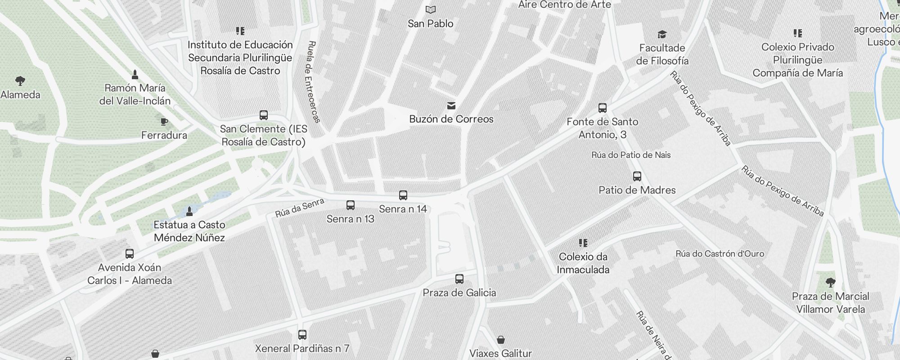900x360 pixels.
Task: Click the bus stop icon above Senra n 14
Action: pyautogui.click(x=403, y=195)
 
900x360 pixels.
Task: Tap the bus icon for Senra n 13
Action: pyautogui.click(x=351, y=205)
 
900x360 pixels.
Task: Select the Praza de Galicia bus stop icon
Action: pyautogui.click(x=459, y=279)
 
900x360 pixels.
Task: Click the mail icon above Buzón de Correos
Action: pyautogui.click(x=451, y=106)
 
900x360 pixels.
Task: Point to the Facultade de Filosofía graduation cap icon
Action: pyautogui.click(x=662, y=34)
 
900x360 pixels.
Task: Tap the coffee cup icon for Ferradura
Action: pyautogui.click(x=164, y=121)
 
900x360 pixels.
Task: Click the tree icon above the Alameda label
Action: pyautogui.click(x=20, y=81)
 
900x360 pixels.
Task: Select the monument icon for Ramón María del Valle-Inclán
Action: pyautogui.click(x=135, y=74)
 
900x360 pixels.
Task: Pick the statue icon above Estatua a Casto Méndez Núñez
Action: pyautogui.click(x=189, y=211)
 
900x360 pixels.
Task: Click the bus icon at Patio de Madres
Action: pyautogui.click(x=637, y=176)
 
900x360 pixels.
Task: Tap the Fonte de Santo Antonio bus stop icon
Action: pyautogui.click(x=603, y=108)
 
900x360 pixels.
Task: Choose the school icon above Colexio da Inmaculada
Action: pyautogui.click(x=583, y=243)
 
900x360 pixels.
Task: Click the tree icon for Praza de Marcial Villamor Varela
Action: pyautogui.click(x=830, y=283)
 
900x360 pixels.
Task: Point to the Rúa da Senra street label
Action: pyautogui.click(x=300, y=208)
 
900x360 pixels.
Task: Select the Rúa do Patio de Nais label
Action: pyautogui.click(x=631, y=155)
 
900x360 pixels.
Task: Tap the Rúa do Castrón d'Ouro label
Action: pyautogui.click(x=720, y=254)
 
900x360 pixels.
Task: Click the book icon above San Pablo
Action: pyautogui.click(x=431, y=9)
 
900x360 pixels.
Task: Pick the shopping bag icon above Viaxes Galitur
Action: pyautogui.click(x=501, y=339)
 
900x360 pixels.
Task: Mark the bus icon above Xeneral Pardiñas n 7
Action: pyautogui.click(x=302, y=335)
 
